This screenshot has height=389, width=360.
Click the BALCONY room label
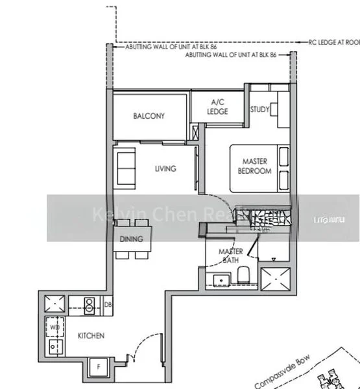(149, 116)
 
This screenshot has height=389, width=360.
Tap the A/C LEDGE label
(217, 107)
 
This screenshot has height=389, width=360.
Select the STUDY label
(259, 110)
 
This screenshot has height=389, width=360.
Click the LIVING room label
(165, 169)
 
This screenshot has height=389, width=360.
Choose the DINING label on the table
(132, 239)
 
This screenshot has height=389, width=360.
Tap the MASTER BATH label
(230, 255)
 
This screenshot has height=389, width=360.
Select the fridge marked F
(98, 368)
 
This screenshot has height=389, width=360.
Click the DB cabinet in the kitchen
(108, 304)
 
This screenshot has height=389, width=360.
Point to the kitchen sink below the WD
(54, 348)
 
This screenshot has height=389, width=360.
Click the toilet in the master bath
(243, 277)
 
